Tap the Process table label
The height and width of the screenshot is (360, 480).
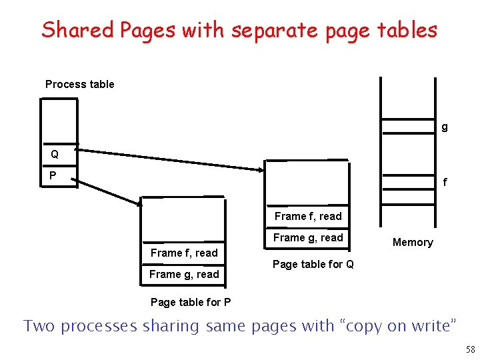click(79, 84)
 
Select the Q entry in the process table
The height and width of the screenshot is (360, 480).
click(55, 155)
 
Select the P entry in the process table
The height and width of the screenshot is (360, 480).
click(53, 175)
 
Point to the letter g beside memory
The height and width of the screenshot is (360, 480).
click(445, 126)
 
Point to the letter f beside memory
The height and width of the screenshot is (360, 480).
click(445, 182)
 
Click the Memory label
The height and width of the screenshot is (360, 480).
click(413, 243)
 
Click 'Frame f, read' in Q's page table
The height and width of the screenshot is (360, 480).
click(308, 216)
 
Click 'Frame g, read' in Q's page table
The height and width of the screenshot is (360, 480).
click(308, 237)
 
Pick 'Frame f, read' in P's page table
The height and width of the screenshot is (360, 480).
click(184, 253)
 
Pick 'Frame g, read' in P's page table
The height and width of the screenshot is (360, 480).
click(184, 274)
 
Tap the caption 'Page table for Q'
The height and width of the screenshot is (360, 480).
click(313, 264)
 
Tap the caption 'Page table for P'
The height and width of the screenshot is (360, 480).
click(191, 302)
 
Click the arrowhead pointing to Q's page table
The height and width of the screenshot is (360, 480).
click(261, 169)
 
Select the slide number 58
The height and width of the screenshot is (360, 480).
click(469, 349)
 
